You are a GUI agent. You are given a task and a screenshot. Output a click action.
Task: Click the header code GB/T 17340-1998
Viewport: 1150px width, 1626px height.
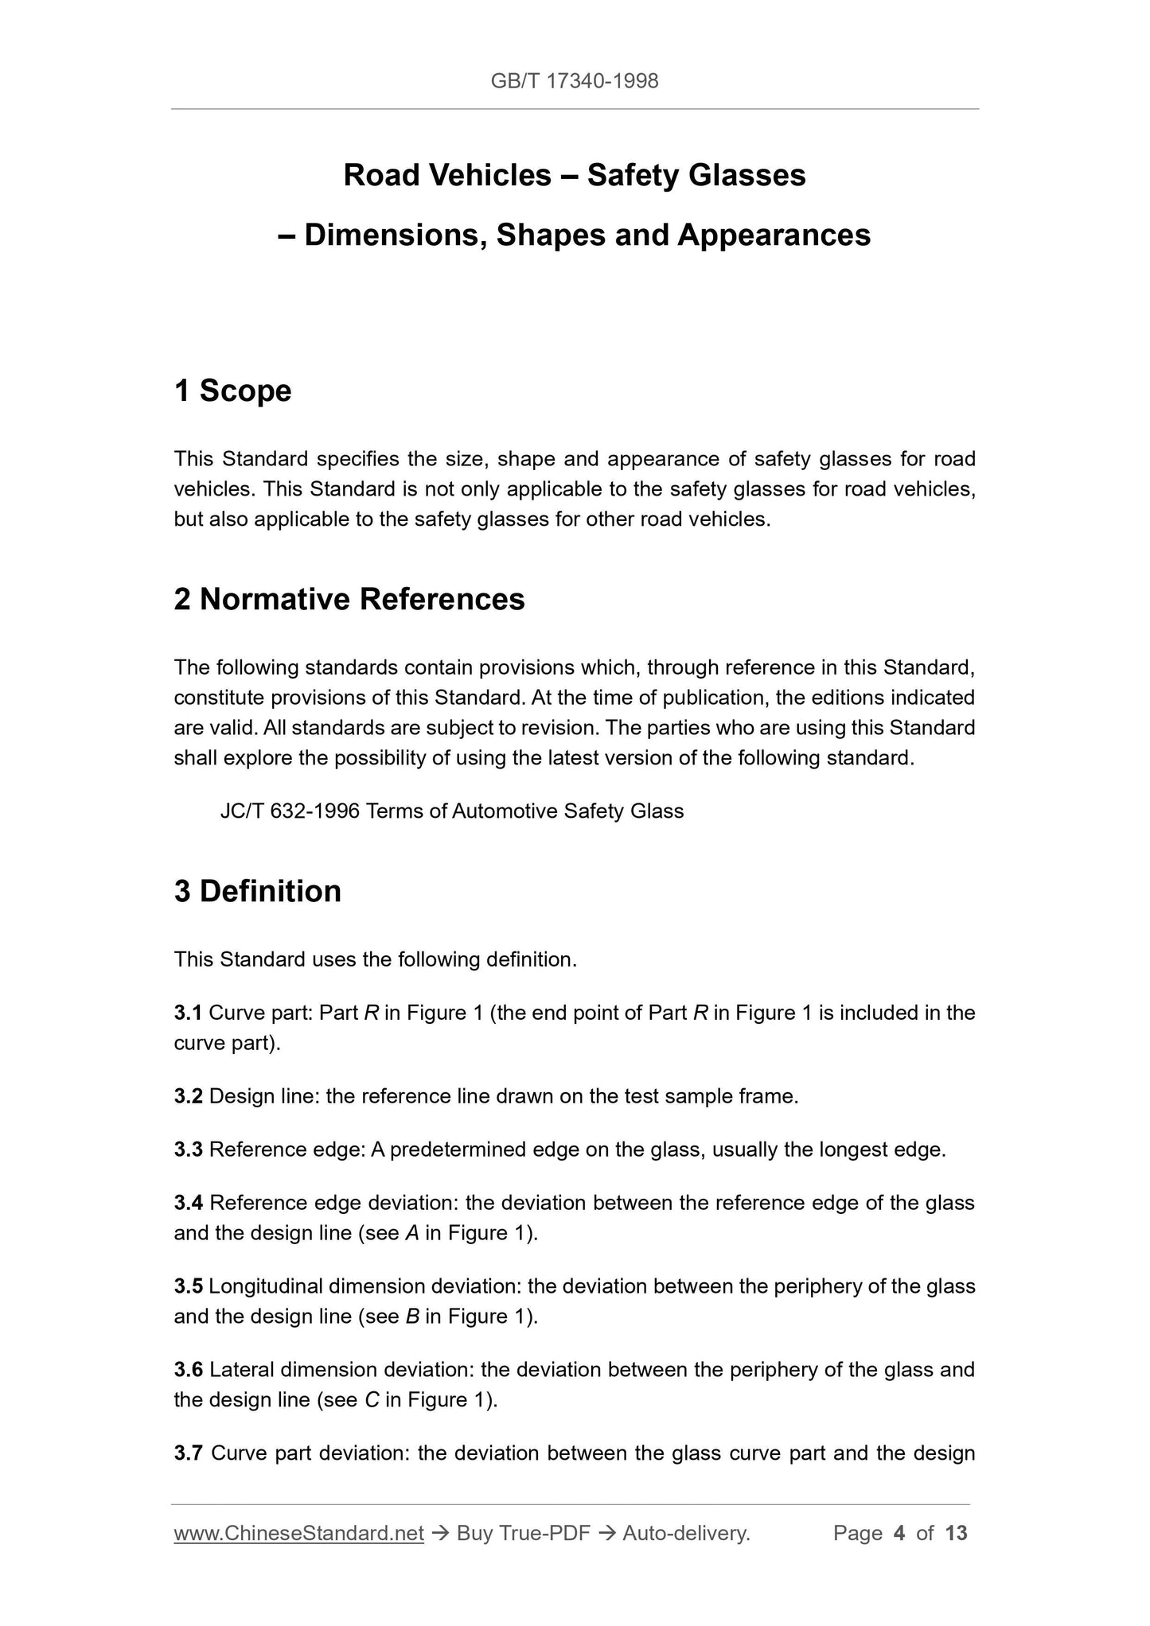[575, 81]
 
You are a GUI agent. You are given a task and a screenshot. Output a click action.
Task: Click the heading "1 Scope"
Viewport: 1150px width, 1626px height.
[232, 391]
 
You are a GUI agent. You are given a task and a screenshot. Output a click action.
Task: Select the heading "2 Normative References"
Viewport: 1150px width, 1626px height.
[349, 599]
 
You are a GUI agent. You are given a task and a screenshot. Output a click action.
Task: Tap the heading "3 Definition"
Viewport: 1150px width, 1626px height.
[257, 891]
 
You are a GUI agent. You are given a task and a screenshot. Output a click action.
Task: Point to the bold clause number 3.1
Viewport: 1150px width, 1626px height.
[189, 1013]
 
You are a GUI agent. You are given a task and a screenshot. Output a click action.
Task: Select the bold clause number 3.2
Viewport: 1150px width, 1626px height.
[189, 1096]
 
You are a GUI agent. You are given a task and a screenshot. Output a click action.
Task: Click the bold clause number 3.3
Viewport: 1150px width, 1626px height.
[189, 1149]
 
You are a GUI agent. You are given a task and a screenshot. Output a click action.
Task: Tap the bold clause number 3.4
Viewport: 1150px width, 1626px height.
[189, 1203]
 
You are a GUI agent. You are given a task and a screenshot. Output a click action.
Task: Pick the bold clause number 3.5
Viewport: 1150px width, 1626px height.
[189, 1286]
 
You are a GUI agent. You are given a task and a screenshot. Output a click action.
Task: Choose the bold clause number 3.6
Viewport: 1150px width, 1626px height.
[189, 1370]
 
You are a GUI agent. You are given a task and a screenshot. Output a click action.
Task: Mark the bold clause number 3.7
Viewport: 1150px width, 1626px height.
[189, 1453]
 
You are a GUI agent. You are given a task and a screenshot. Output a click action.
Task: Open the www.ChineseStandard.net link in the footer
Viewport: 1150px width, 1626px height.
[298, 1533]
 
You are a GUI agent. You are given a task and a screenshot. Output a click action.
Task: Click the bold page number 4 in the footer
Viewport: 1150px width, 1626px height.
[899, 1533]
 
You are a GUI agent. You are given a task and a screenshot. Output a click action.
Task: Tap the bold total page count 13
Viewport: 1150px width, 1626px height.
[956, 1533]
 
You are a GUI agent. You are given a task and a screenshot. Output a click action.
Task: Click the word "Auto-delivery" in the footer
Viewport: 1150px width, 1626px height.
[685, 1533]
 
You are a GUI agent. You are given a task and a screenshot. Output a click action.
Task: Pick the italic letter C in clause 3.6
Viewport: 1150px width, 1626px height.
[372, 1400]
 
